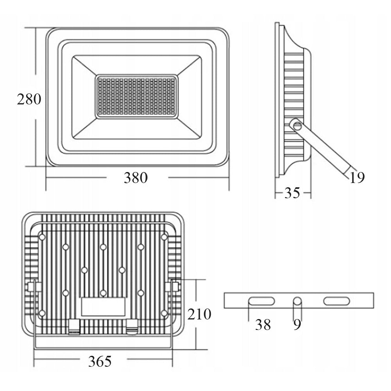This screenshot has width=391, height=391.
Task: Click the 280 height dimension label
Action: [29, 99]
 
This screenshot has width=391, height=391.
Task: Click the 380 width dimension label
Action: [136, 178]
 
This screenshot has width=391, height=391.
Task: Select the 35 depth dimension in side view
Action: [292, 193]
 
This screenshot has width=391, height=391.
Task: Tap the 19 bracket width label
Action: [357, 178]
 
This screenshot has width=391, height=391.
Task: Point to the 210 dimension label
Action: [199, 314]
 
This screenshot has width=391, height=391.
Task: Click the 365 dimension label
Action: [100, 361]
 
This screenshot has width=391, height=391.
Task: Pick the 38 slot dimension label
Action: [263, 325]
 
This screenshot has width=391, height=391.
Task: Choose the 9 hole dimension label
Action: [297, 325]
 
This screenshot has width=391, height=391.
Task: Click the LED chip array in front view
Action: [136, 97]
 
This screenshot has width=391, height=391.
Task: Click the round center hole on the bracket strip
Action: [297, 301]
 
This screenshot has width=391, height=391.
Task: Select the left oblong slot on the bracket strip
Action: [261, 301]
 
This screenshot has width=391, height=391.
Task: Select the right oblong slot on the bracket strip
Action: [337, 301]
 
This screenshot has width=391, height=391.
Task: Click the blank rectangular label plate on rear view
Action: [103, 307]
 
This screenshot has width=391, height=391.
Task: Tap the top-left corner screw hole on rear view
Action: [42, 237]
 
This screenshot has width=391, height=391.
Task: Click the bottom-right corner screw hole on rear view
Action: [164, 313]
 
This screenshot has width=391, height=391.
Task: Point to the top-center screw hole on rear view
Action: [103, 247]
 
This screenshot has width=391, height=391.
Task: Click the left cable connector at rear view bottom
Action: [74, 326]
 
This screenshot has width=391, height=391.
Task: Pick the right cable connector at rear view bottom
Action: [132, 326]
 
